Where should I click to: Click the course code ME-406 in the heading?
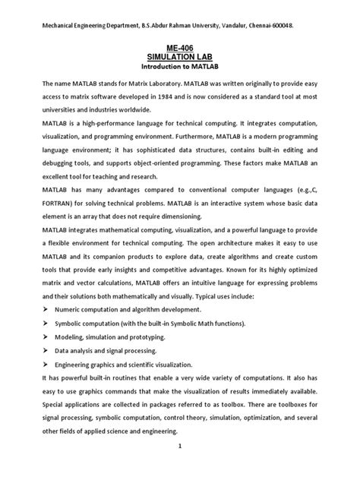(x=179, y=48)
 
